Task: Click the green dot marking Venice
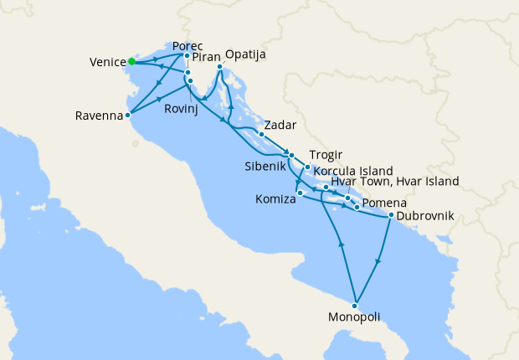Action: tap(132, 61)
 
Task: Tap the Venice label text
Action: tap(106, 62)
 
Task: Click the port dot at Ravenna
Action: tap(127, 116)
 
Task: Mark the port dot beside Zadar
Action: tap(261, 134)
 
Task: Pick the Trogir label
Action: tap(324, 155)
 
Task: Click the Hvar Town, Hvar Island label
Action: tap(394, 181)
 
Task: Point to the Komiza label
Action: tap(273, 200)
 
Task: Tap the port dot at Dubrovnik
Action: tap(391, 215)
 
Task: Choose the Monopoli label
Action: tap(354, 317)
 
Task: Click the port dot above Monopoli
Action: tap(357, 304)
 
